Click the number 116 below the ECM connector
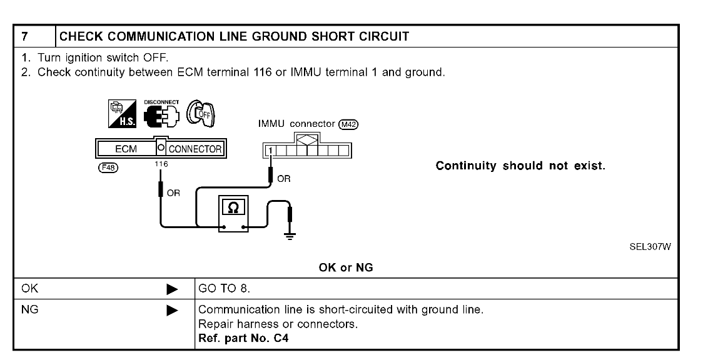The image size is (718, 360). (161, 163)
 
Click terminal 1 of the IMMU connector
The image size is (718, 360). (270, 150)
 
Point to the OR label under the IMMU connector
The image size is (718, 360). (283, 177)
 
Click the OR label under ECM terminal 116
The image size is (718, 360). (173, 192)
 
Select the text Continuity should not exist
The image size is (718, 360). (520, 166)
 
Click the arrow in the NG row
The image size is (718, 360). (174, 309)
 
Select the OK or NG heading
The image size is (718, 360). (346, 268)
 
